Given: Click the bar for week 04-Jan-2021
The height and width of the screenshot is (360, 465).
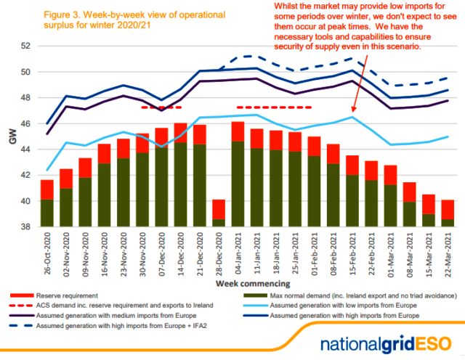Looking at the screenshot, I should pos(238,174).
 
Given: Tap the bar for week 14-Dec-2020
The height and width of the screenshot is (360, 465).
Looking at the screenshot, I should pos(181,175).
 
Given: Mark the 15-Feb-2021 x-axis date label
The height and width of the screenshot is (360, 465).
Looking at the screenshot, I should pos(352,250).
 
